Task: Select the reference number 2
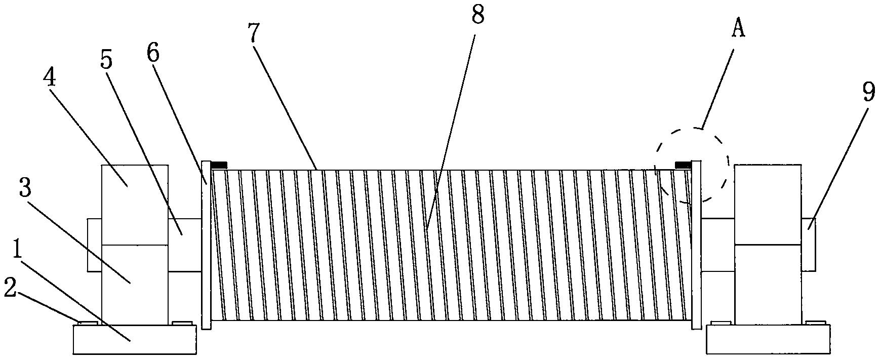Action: point(12,290)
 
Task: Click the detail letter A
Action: point(739,29)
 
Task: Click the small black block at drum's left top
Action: point(219,165)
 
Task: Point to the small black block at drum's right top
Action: point(684,164)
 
